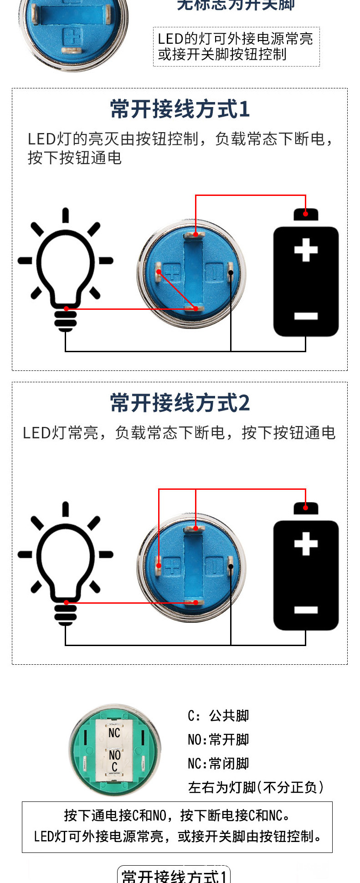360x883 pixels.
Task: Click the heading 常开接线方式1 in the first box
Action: [180, 109]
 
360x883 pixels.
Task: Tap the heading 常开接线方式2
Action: [180, 403]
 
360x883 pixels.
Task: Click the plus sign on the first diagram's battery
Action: [306, 250]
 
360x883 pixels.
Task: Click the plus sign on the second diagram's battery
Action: [306, 544]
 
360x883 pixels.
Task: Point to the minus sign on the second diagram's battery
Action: [306, 610]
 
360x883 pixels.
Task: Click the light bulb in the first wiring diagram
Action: [66, 269]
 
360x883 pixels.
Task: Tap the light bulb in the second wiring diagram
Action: [66, 563]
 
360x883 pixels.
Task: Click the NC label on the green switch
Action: [114, 733]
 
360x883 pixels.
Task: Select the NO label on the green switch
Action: [114, 755]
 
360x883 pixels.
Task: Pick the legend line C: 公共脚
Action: [218, 716]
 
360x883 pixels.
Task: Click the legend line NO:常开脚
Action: [218, 739]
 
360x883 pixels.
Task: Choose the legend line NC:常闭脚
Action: [218, 763]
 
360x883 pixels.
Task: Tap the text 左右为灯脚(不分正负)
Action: [256, 787]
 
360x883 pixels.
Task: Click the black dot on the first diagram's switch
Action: [231, 273]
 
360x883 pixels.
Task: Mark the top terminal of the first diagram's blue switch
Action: [195, 235]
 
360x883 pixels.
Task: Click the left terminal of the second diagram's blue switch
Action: [159, 565]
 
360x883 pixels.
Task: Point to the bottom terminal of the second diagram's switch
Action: [195, 602]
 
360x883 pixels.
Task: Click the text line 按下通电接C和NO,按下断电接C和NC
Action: [177, 815]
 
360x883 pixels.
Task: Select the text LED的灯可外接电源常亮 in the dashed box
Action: [235, 39]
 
